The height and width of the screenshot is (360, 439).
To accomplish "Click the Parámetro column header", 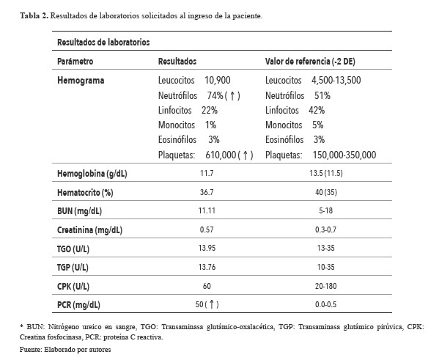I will (x=74, y=62).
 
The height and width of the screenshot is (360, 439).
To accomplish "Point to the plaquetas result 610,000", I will (x=219, y=155).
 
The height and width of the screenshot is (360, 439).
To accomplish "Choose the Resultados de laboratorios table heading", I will (x=104, y=43).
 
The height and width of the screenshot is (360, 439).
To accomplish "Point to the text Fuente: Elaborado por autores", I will (x=56, y=350).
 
